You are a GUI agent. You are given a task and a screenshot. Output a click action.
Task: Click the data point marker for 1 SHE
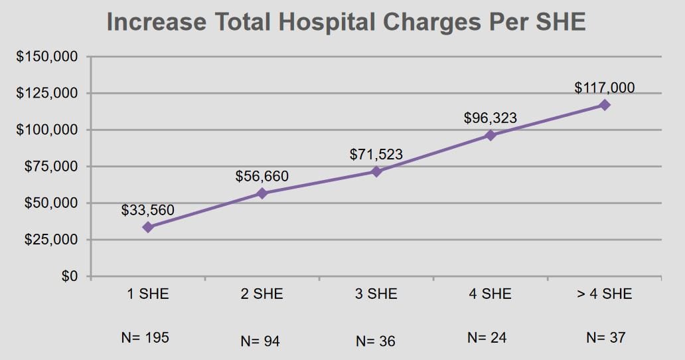148,227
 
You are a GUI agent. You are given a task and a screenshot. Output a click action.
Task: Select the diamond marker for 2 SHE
262,193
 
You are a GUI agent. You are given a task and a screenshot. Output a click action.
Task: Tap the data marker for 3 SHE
376,171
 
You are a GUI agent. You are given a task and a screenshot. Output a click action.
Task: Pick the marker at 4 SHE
491,135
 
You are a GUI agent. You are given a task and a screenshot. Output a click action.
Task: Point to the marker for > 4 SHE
605,105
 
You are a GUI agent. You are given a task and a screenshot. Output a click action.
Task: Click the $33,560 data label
148,211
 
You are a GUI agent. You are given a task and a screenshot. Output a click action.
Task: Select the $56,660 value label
262,177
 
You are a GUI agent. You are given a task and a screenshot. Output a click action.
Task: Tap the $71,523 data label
376,155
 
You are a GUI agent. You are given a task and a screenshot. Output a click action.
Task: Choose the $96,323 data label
491,119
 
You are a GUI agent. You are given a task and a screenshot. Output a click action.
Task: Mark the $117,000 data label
605,88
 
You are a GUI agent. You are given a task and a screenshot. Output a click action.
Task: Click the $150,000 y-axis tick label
47,56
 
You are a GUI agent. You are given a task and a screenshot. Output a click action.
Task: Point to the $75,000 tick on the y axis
51,166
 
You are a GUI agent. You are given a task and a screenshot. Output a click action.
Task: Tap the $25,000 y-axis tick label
51,239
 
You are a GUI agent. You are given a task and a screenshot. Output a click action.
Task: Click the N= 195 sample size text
145,337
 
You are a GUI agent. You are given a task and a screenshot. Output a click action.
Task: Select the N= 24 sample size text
487,337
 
